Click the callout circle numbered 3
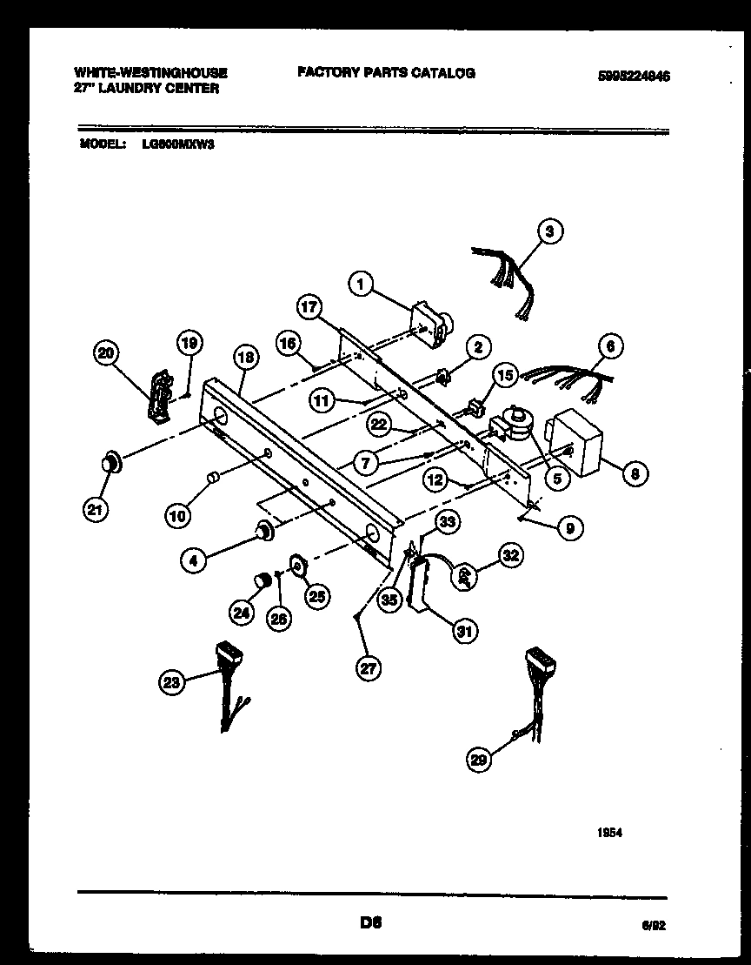click(549, 231)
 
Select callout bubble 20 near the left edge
click(107, 353)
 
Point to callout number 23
click(172, 683)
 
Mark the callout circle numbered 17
click(310, 307)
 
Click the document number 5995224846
click(634, 77)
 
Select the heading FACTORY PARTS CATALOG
click(386, 73)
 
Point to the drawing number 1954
click(609, 833)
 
